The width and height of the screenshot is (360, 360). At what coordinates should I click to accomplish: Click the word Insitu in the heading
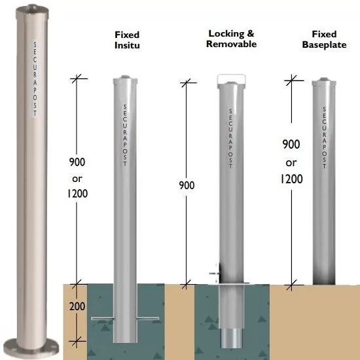click(127, 45)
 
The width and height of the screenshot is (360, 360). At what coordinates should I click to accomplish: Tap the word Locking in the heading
click(226, 34)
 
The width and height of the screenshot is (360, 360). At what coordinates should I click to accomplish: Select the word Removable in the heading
click(232, 44)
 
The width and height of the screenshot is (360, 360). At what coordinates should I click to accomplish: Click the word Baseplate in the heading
click(324, 45)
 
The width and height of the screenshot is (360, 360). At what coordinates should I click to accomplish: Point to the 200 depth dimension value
click(77, 306)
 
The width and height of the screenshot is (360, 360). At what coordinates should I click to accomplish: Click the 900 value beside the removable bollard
click(187, 185)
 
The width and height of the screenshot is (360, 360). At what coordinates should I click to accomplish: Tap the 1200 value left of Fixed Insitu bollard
click(77, 193)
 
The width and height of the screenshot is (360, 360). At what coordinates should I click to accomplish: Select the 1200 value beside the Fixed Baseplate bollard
click(291, 179)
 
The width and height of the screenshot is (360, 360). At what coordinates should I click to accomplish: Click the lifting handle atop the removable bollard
click(232, 75)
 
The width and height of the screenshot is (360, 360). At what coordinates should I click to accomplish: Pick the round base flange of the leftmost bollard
click(31, 349)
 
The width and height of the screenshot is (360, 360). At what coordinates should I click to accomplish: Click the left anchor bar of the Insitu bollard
click(102, 319)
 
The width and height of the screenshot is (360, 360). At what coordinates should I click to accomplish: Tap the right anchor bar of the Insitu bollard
click(148, 319)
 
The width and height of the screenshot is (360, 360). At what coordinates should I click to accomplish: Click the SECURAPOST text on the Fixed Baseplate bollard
click(324, 137)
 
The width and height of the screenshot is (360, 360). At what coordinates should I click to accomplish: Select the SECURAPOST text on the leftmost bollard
click(35, 79)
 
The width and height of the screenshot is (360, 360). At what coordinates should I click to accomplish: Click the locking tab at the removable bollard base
click(215, 274)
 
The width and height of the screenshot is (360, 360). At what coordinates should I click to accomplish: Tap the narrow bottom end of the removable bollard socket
click(231, 338)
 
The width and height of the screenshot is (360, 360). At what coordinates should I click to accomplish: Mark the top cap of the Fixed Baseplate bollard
click(324, 82)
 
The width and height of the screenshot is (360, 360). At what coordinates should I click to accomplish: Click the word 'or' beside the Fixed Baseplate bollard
click(291, 163)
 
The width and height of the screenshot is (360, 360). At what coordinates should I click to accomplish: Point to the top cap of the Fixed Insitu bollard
click(125, 80)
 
